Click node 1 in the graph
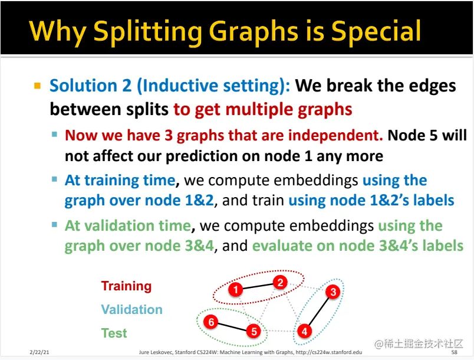[x=236, y=290]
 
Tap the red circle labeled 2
[x=280, y=283]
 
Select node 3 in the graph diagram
[x=333, y=292]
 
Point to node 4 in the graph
[x=304, y=331]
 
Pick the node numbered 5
[x=254, y=331]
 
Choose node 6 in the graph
[x=211, y=322]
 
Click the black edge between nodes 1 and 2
[x=258, y=286]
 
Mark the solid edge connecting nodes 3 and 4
[x=318, y=312]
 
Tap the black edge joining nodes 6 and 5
[x=232, y=327]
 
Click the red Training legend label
[x=126, y=286]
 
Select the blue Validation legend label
[x=132, y=309]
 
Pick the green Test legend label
[x=114, y=333]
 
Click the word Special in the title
[x=376, y=31]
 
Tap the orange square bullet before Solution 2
[x=38, y=86]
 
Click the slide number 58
[x=455, y=352]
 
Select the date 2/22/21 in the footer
[x=39, y=352]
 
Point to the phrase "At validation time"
[x=128, y=225]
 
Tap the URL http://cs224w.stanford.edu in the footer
[x=329, y=352]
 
